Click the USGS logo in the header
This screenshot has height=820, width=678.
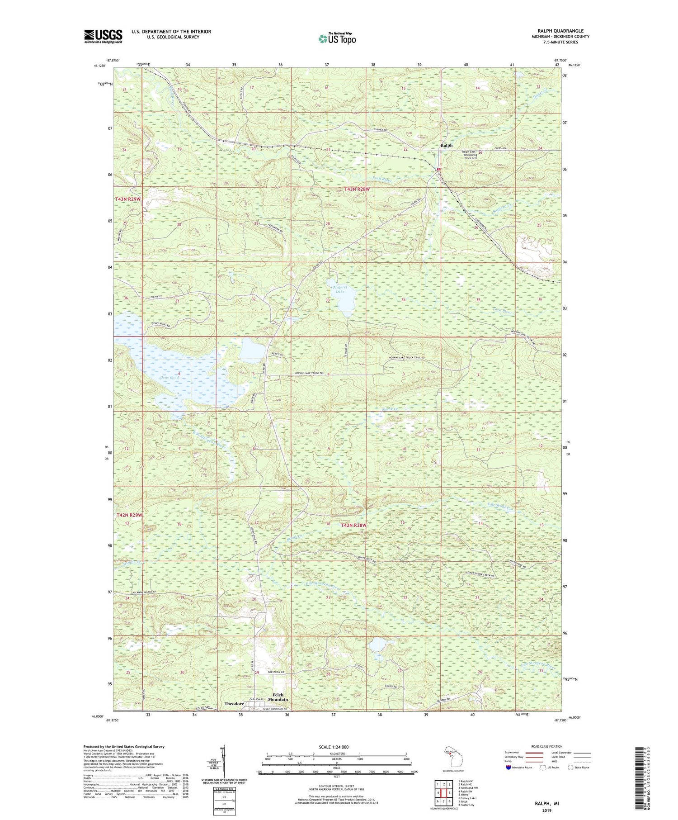click(x=103, y=36)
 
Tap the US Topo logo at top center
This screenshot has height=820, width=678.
click(x=337, y=39)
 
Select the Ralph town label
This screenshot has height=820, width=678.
click(x=446, y=145)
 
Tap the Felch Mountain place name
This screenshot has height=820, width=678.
click(x=278, y=697)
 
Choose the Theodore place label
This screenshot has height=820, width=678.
click(x=234, y=704)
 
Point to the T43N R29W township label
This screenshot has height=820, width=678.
click(x=128, y=199)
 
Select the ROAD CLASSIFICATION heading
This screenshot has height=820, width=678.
click(x=547, y=746)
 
